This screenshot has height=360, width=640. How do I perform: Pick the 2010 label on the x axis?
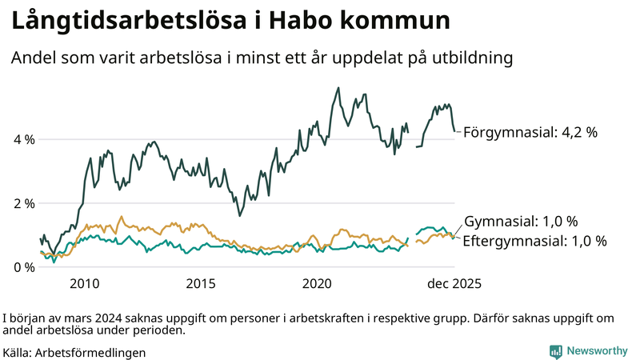click(x=84, y=284)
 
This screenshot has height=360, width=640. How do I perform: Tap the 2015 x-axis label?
click(x=201, y=284)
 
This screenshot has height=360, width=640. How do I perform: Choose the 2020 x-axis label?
click(x=318, y=284)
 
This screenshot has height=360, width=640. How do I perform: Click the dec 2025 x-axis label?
click(x=454, y=284)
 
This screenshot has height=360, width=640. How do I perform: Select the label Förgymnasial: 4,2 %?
click(x=530, y=133)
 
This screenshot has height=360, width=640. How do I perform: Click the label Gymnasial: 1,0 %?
click(x=520, y=222)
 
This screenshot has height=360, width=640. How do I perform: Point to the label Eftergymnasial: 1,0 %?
click(x=534, y=240)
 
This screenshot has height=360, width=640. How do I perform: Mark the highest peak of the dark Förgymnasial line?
click(x=338, y=88)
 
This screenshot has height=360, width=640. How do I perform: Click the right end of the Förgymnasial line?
click(x=456, y=131)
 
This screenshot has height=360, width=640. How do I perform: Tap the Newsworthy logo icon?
click(x=555, y=350)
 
